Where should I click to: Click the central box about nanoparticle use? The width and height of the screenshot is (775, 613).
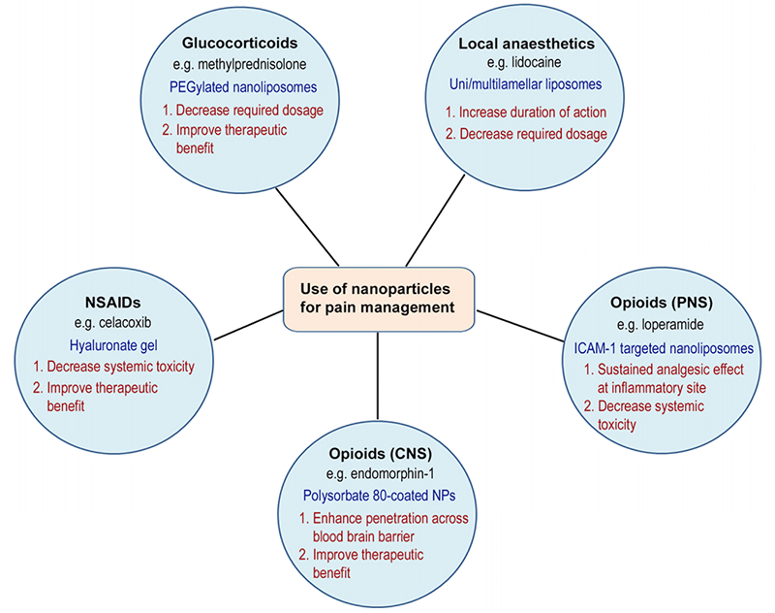coord(381,300)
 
